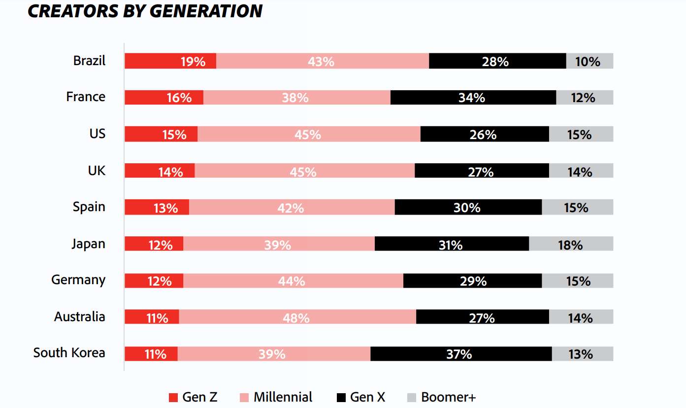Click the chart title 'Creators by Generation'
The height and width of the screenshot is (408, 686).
click(x=145, y=11)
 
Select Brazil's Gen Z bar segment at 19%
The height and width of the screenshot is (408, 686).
click(x=170, y=61)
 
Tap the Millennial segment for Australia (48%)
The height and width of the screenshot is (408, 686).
click(x=297, y=317)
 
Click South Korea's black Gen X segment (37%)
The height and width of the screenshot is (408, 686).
click(x=460, y=354)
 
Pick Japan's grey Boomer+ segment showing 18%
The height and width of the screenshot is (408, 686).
click(x=571, y=244)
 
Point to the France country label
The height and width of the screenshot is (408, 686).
click(x=86, y=97)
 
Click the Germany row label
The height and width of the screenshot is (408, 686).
click(x=78, y=280)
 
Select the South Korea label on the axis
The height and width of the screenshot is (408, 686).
click(x=69, y=353)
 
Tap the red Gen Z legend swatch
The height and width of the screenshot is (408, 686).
click(x=173, y=398)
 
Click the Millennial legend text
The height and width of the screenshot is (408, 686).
click(x=283, y=397)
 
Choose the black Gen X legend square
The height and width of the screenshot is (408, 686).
click(x=341, y=398)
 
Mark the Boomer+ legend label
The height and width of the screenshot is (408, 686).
click(x=448, y=397)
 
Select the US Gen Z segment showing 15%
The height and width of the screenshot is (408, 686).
click(x=161, y=134)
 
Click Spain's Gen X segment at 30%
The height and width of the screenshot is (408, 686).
click(x=468, y=207)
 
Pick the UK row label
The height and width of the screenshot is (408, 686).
click(x=97, y=170)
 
